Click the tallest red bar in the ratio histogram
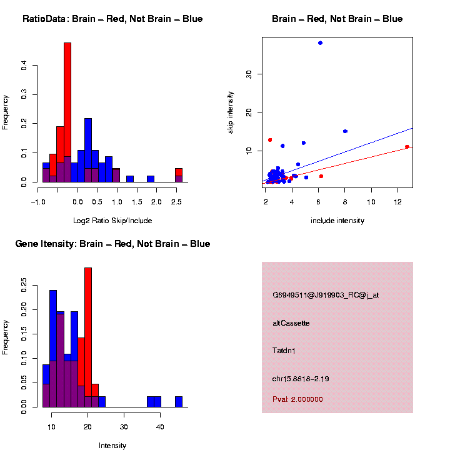click(67, 112)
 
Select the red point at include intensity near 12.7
click(407, 147)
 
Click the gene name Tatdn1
click(284, 351)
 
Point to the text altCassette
click(291, 323)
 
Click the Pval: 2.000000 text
click(297, 399)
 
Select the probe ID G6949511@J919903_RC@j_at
click(326, 295)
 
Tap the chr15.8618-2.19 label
click(301, 379)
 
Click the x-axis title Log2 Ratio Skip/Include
click(112, 221)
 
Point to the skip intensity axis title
click(231, 113)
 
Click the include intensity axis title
click(337, 221)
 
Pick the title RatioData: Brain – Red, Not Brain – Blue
click(112, 19)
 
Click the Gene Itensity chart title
click(112, 244)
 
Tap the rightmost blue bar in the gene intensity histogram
click(179, 401)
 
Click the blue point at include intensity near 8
click(345, 131)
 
